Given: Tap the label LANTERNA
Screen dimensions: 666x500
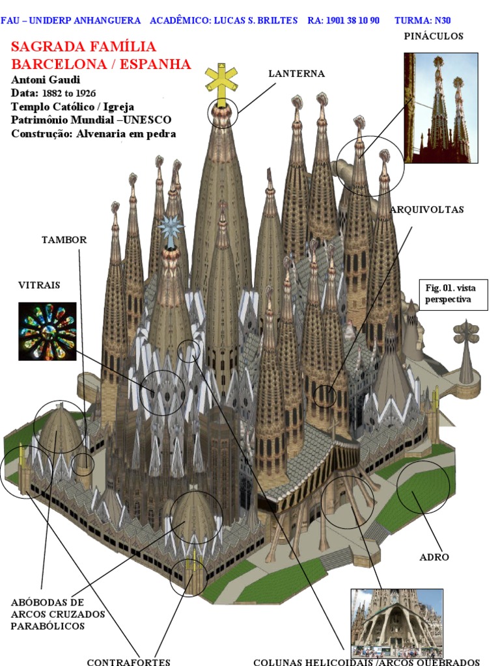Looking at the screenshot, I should [x=296, y=73].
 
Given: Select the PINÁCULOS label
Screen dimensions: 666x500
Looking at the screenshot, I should [x=434, y=36].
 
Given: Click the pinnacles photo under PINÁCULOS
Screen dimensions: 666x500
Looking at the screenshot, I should [x=441, y=108].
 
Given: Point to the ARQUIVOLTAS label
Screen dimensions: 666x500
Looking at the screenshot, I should [x=427, y=210].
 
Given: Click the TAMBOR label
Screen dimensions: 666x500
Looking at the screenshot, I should [x=64, y=240].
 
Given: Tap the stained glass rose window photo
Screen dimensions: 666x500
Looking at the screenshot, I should [x=48, y=331].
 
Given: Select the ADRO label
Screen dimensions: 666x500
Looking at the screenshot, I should [x=434, y=557].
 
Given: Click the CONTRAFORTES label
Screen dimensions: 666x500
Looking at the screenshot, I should [x=128, y=661].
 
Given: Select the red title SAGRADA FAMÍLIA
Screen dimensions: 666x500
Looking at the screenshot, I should [x=84, y=47].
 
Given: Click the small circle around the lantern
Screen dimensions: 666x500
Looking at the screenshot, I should [x=223, y=114].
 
